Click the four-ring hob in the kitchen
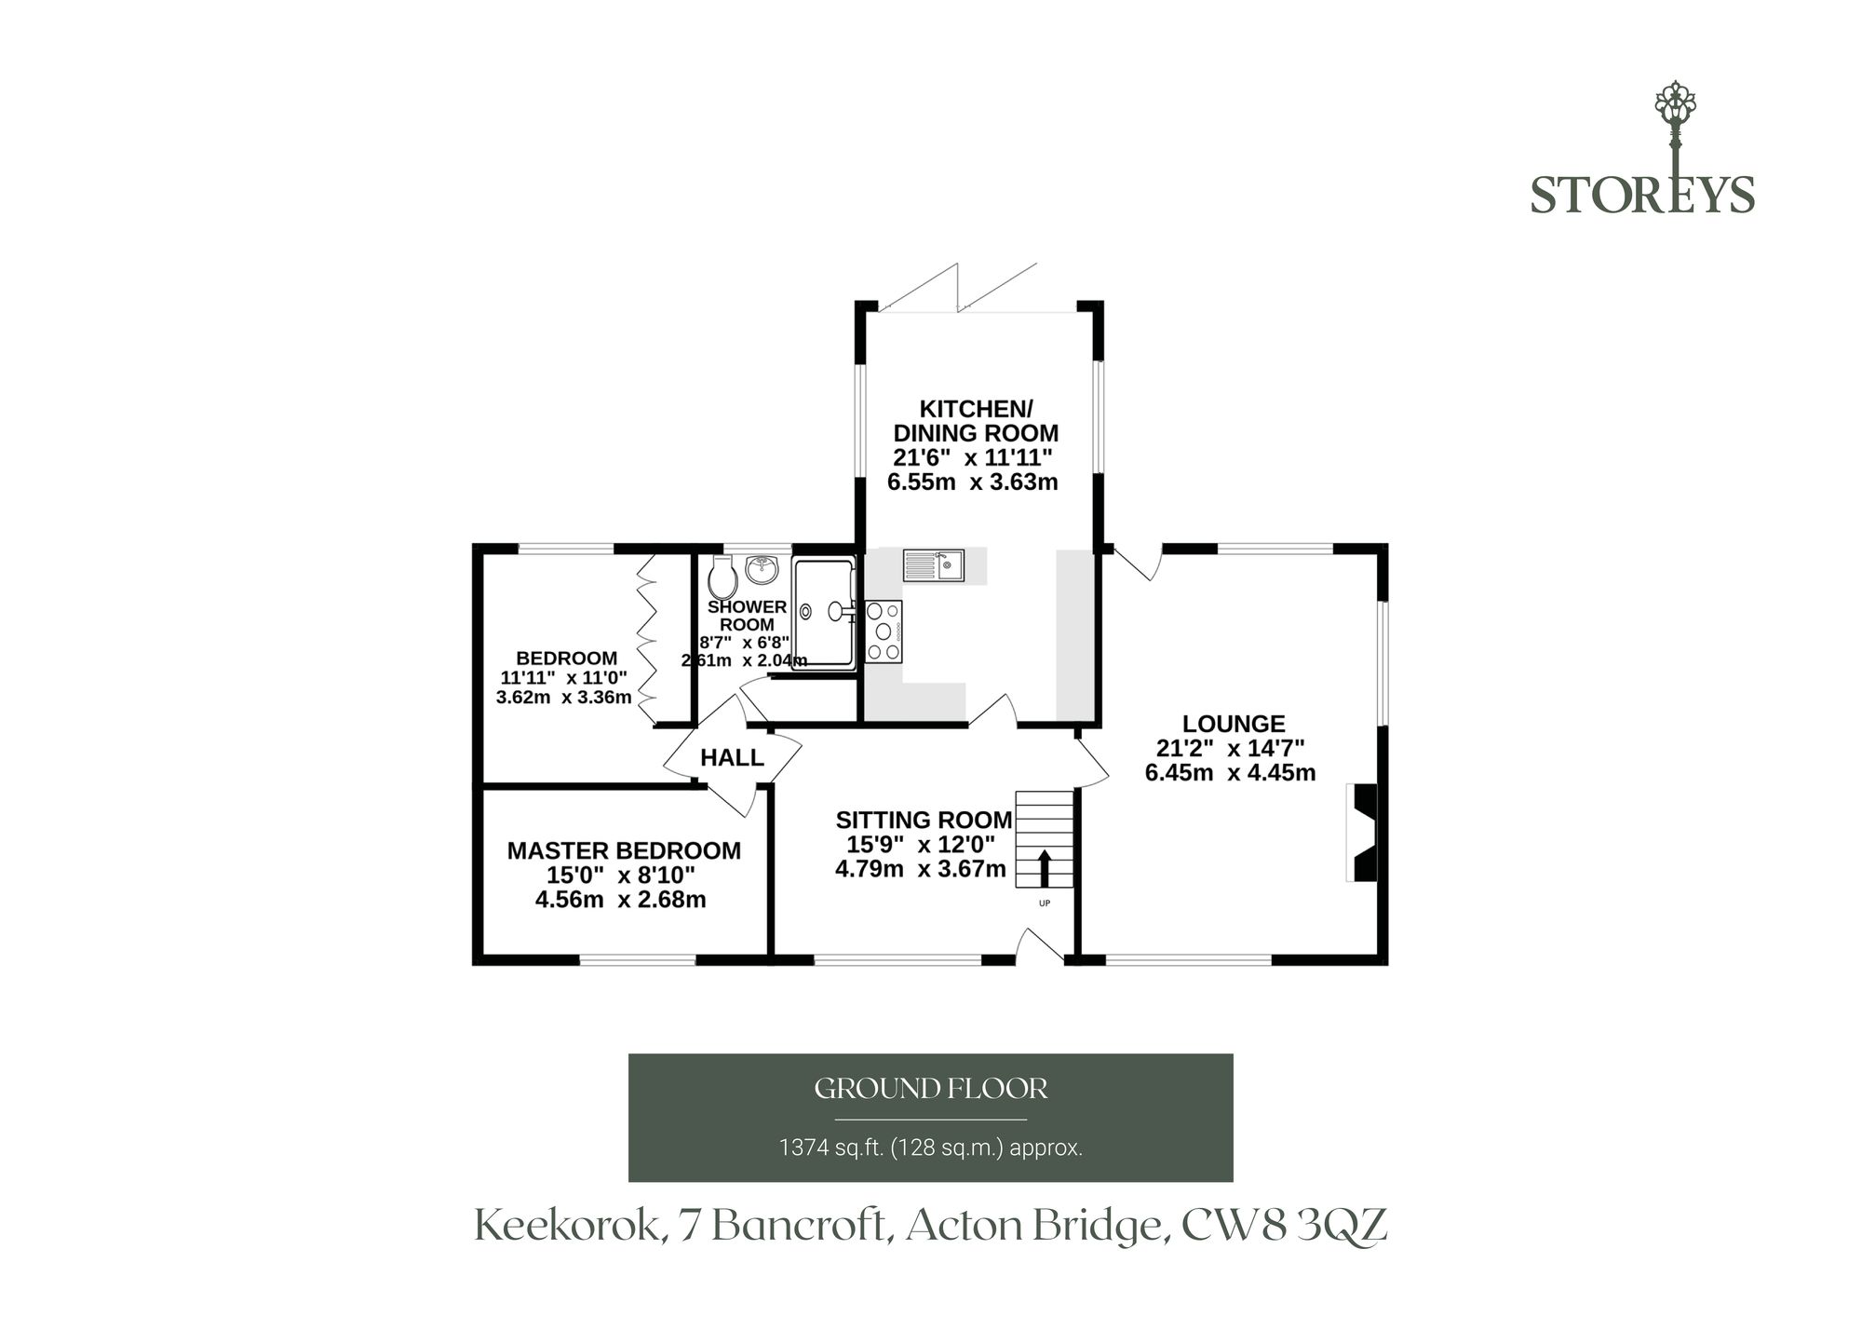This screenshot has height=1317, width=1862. pos(884,631)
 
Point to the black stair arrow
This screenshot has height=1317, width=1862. pos(1044,868)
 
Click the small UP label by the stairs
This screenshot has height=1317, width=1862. pos(1044,903)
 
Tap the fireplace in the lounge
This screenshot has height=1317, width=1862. pos(1362,833)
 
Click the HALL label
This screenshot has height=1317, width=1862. pos(732,758)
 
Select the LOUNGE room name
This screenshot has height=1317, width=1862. pos(1234,724)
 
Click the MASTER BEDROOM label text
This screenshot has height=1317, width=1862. pos(624,850)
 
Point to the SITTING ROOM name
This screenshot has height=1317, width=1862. pos(924,820)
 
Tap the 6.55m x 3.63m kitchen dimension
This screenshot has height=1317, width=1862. pos(972,482)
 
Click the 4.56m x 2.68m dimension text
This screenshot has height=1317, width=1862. pos(620,900)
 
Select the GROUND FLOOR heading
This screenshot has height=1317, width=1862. pos(931,1089)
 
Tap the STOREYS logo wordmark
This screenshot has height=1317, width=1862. pos(1642,195)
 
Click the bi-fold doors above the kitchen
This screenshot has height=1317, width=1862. pos(959,286)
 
